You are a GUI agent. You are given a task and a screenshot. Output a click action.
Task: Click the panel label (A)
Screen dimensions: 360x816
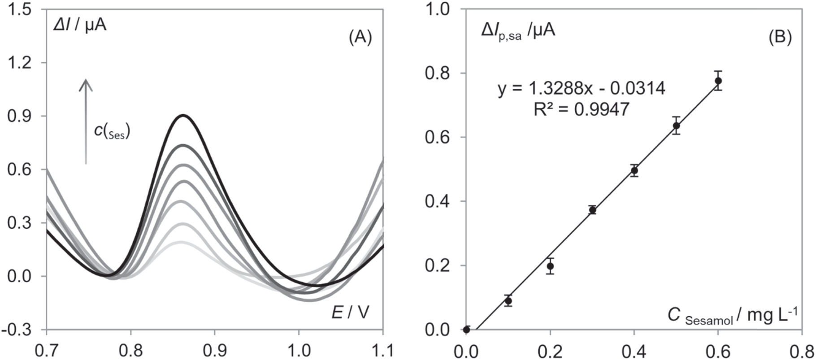coord(360,38)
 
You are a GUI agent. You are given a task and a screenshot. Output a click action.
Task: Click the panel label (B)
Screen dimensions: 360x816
coord(780,38)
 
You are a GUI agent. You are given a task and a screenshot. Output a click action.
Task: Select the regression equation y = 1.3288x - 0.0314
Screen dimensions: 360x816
coord(582,89)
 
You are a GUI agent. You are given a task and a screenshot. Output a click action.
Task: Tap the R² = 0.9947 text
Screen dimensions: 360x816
coord(582,109)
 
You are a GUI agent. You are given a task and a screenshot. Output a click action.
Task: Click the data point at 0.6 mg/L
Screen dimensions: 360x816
coord(718,81)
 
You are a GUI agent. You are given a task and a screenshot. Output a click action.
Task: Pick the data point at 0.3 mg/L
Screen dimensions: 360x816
coord(593,210)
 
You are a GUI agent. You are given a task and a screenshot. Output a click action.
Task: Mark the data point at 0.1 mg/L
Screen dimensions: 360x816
coord(508,301)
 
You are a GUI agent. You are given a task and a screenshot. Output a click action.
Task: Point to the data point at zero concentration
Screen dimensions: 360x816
coord(467,330)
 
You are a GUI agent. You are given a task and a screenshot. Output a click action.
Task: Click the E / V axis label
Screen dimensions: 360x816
coord(351,312)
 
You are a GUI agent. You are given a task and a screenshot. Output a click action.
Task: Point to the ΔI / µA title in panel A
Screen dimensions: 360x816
coord(79,26)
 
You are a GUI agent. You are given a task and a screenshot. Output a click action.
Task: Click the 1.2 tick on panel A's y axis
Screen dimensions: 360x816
coord(19,62)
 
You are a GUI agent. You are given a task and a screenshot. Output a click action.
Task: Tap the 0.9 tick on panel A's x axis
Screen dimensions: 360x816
coord(214,350)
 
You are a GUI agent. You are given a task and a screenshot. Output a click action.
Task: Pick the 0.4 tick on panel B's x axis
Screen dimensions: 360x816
coord(634,350)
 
